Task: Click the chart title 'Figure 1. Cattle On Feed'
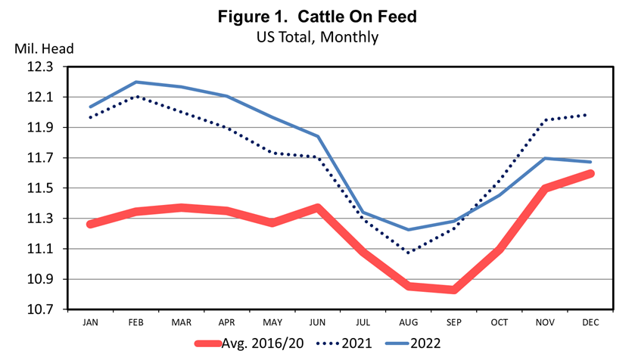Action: pos(317,16)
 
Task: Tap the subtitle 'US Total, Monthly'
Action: pos(317,36)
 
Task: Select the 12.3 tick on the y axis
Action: pos(43,67)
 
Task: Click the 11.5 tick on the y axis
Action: pos(43,188)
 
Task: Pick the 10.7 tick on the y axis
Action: pos(43,310)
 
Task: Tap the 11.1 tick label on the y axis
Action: pos(43,250)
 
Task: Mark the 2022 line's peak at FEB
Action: pos(136,82)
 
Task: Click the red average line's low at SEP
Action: pos(453,290)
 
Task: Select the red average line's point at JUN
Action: pos(317,207)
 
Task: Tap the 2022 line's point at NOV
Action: pos(545,158)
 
